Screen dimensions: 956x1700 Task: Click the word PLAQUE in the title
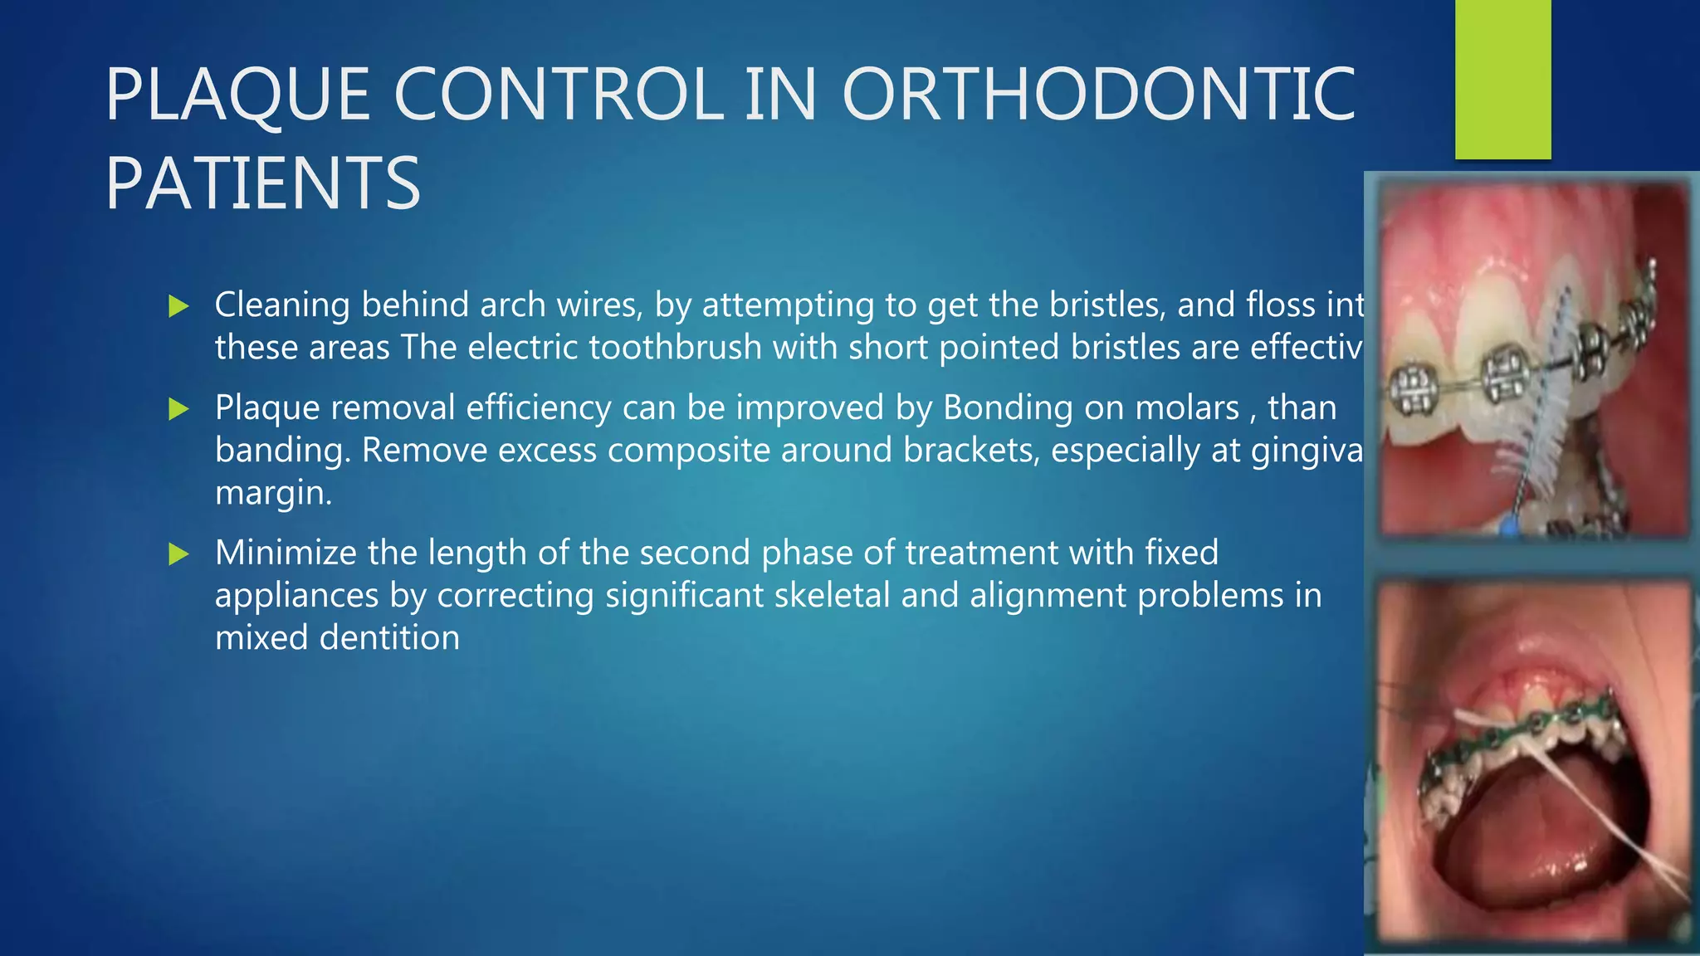(x=237, y=95)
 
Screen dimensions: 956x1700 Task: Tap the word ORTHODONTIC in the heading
(x=1098, y=95)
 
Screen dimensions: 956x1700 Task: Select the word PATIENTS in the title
(x=263, y=183)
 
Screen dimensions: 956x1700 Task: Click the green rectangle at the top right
(x=1502, y=79)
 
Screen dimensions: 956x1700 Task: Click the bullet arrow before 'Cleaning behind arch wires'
(x=178, y=306)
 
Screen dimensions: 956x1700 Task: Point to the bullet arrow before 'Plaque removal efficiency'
(x=178, y=408)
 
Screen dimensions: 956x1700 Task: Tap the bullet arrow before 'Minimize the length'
(x=178, y=554)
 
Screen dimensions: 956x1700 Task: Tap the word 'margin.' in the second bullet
(x=273, y=493)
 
